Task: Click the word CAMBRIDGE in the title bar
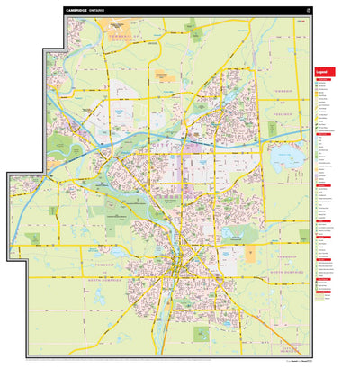pos(77,12)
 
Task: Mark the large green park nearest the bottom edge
pos(200,334)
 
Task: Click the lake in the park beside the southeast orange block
pos(235,236)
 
